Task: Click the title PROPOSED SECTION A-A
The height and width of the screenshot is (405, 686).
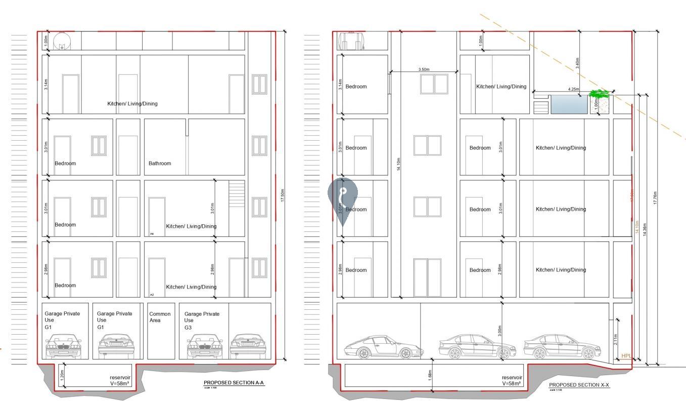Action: pos(234,383)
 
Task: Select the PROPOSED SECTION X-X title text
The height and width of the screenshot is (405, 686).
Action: pos(579,385)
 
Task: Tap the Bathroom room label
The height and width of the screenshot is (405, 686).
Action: pos(160,164)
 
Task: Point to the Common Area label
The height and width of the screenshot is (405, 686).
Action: pos(160,317)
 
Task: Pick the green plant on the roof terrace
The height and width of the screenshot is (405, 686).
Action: pos(599,94)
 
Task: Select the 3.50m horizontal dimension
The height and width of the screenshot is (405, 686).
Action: pos(424,69)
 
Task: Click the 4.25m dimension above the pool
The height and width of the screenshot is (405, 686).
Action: pos(573,90)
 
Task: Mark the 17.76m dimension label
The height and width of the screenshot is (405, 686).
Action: pos(655,198)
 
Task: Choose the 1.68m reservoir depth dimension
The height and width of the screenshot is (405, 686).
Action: pos(430,374)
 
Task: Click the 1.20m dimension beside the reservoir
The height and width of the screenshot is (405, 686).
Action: pos(62,375)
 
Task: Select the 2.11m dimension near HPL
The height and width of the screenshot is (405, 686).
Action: pos(615,339)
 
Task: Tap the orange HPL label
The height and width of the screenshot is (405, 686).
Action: pos(626,356)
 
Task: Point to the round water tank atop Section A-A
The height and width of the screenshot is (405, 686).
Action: pos(62,40)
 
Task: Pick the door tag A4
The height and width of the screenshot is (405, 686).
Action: pos(152,234)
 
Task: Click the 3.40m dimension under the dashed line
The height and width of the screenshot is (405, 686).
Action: pos(577,63)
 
